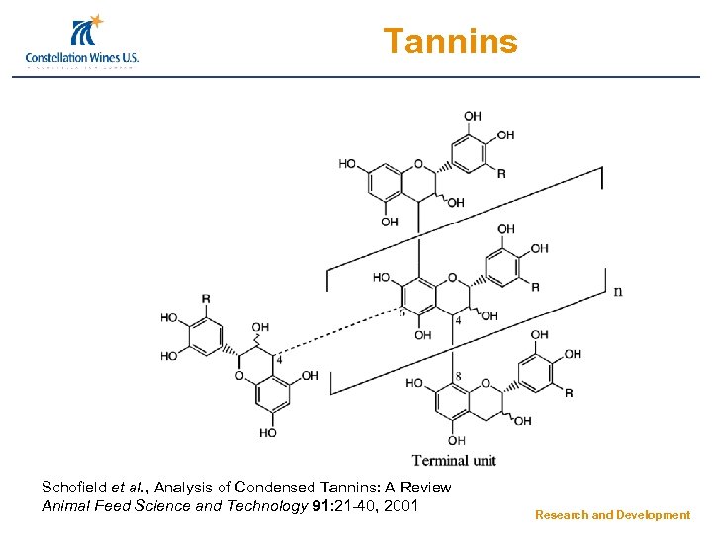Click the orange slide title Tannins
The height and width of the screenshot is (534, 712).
point(450,42)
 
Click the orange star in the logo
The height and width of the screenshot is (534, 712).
point(96,21)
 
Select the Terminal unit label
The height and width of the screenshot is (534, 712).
point(454,459)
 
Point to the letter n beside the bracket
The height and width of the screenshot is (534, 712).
point(618,290)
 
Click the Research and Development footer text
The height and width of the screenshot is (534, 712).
point(612,515)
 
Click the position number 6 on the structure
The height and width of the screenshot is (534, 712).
point(401,312)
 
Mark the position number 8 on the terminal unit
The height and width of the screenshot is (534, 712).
point(458,375)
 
